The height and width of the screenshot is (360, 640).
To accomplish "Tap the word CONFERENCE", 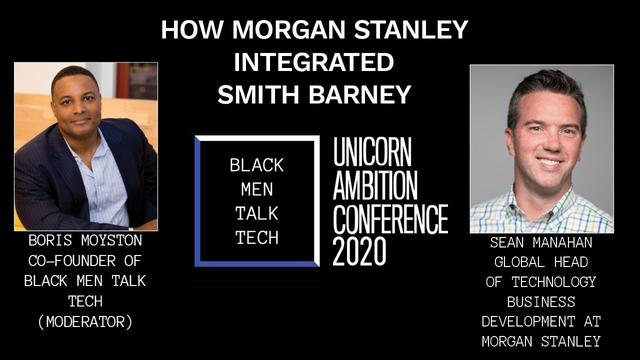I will click(x=390, y=217).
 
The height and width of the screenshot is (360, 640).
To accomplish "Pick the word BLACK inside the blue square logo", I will click(x=256, y=163).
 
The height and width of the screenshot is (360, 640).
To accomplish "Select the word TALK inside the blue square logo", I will click(x=256, y=213).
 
